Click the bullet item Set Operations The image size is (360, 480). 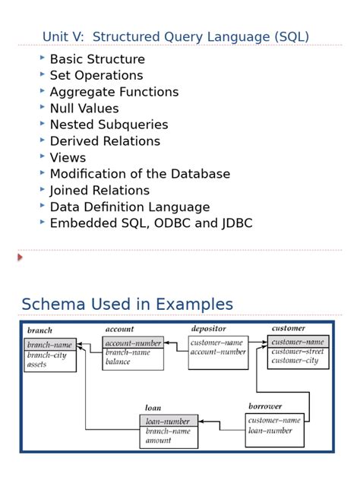(96, 75)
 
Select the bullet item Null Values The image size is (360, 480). (84, 108)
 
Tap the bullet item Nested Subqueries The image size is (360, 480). (109, 125)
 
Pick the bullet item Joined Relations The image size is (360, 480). (99, 190)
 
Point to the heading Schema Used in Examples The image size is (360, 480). (127, 305)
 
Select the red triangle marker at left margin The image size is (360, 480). (21, 257)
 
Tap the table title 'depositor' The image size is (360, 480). (209, 329)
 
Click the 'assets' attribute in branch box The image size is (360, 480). (37, 365)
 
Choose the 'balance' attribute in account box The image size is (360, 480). (118, 362)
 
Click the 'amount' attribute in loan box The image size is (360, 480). (158, 441)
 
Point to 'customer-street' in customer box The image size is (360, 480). (297, 352)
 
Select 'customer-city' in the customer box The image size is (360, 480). (295, 361)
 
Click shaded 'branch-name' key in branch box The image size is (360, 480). (50, 345)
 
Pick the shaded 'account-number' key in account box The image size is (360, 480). (134, 343)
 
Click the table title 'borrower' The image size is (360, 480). (264, 406)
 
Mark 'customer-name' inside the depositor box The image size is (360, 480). (216, 343)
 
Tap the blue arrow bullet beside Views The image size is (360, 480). (43, 156)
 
